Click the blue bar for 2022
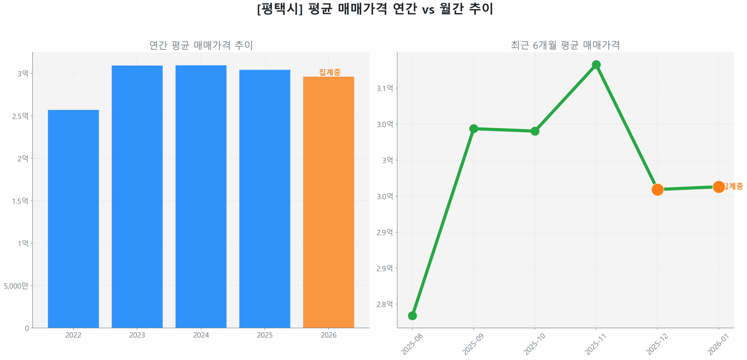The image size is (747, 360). click(73, 219)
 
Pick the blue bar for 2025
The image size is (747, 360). click(265, 199)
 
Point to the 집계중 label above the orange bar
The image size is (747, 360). click(329, 72)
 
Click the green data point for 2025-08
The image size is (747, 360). click(412, 316)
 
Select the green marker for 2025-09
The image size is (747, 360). click(473, 129)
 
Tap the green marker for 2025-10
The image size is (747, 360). click(535, 131)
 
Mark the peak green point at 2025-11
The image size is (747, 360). click(596, 65)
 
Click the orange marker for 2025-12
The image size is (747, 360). click(657, 190)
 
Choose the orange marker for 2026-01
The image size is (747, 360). click(718, 187)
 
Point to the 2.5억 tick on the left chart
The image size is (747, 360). click(20, 116)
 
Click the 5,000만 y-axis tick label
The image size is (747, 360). click(16, 286)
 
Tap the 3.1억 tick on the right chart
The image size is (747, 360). click(385, 88)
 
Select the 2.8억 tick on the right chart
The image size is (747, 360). click(385, 304)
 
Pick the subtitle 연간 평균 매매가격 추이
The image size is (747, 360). click(201, 45)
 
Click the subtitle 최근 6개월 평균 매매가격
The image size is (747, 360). click(565, 45)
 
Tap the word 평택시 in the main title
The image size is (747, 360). click(280, 9)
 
